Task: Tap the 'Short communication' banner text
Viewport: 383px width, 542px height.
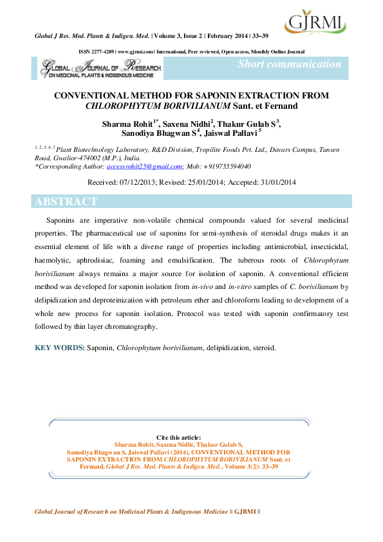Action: pos(290,64)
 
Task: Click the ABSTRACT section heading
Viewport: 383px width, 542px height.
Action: pos(66,201)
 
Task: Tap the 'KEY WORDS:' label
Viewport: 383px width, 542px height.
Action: pos(59,348)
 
